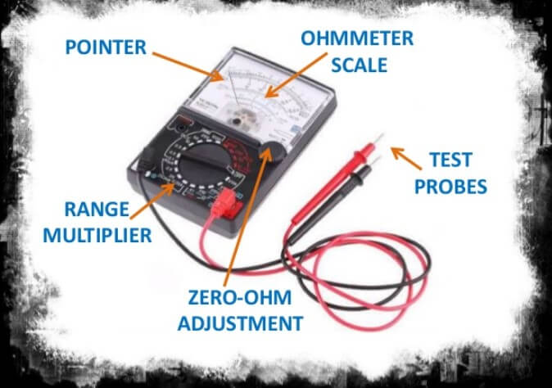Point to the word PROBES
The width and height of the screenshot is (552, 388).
coord(450,186)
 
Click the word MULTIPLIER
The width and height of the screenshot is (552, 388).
coord(98,236)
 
